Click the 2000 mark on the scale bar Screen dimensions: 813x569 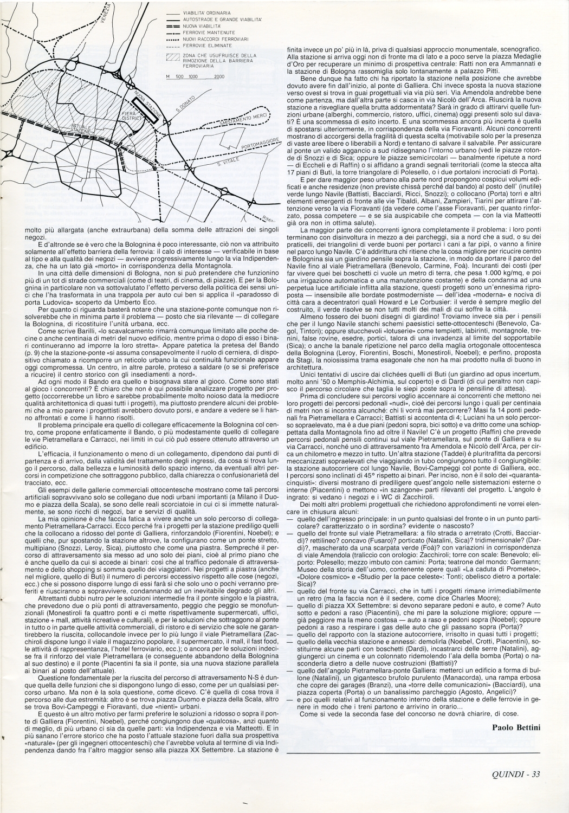tap(219, 76)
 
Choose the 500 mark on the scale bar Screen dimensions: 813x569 tap(180, 76)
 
